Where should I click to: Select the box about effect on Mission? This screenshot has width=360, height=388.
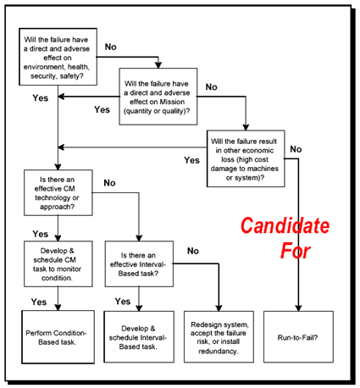[158, 96]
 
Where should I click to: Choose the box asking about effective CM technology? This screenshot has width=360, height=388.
[58, 192]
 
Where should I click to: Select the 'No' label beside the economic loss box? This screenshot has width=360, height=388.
[296, 150]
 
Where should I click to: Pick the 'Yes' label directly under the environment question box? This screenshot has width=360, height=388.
[40, 97]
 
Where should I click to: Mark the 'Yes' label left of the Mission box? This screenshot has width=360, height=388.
[102, 109]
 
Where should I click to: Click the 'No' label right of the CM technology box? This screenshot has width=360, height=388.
[109, 182]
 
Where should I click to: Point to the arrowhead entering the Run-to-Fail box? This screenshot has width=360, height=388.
[299, 308]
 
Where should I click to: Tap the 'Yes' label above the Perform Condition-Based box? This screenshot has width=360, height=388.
[39, 302]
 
